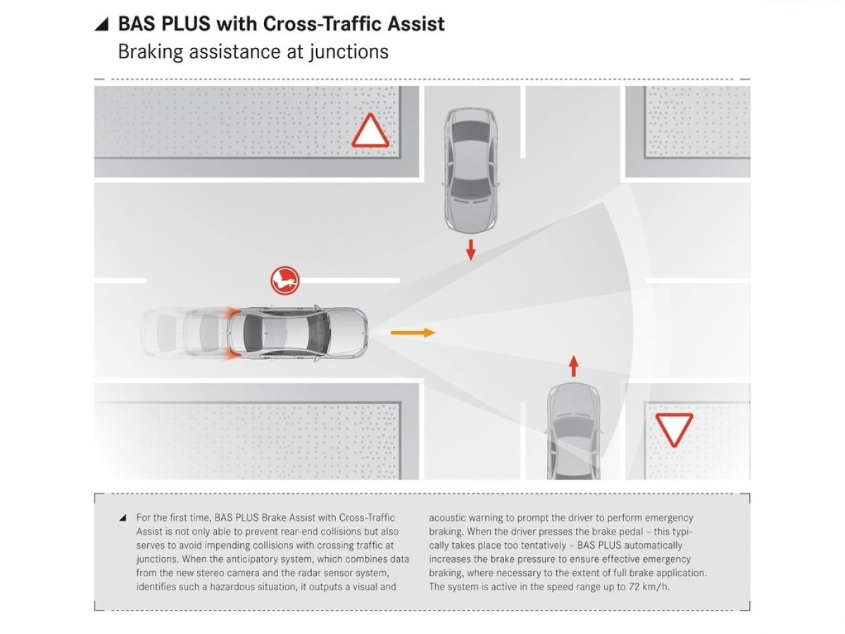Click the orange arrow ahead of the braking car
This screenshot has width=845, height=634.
tap(413, 332)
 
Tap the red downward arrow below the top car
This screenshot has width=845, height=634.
tap(470, 250)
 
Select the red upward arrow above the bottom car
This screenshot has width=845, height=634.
tap(574, 366)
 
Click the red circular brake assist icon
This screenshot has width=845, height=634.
tap(285, 281)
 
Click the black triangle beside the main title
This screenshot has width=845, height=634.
tap(101, 24)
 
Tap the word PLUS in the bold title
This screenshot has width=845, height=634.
tap(186, 24)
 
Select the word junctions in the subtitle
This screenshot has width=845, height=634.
tap(349, 52)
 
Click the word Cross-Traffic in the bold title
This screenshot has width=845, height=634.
tap(323, 24)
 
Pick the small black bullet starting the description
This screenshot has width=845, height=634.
tap(123, 518)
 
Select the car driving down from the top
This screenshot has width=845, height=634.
tap(470, 170)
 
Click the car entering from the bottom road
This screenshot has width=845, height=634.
tap(574, 431)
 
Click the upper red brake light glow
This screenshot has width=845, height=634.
tap(231, 313)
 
